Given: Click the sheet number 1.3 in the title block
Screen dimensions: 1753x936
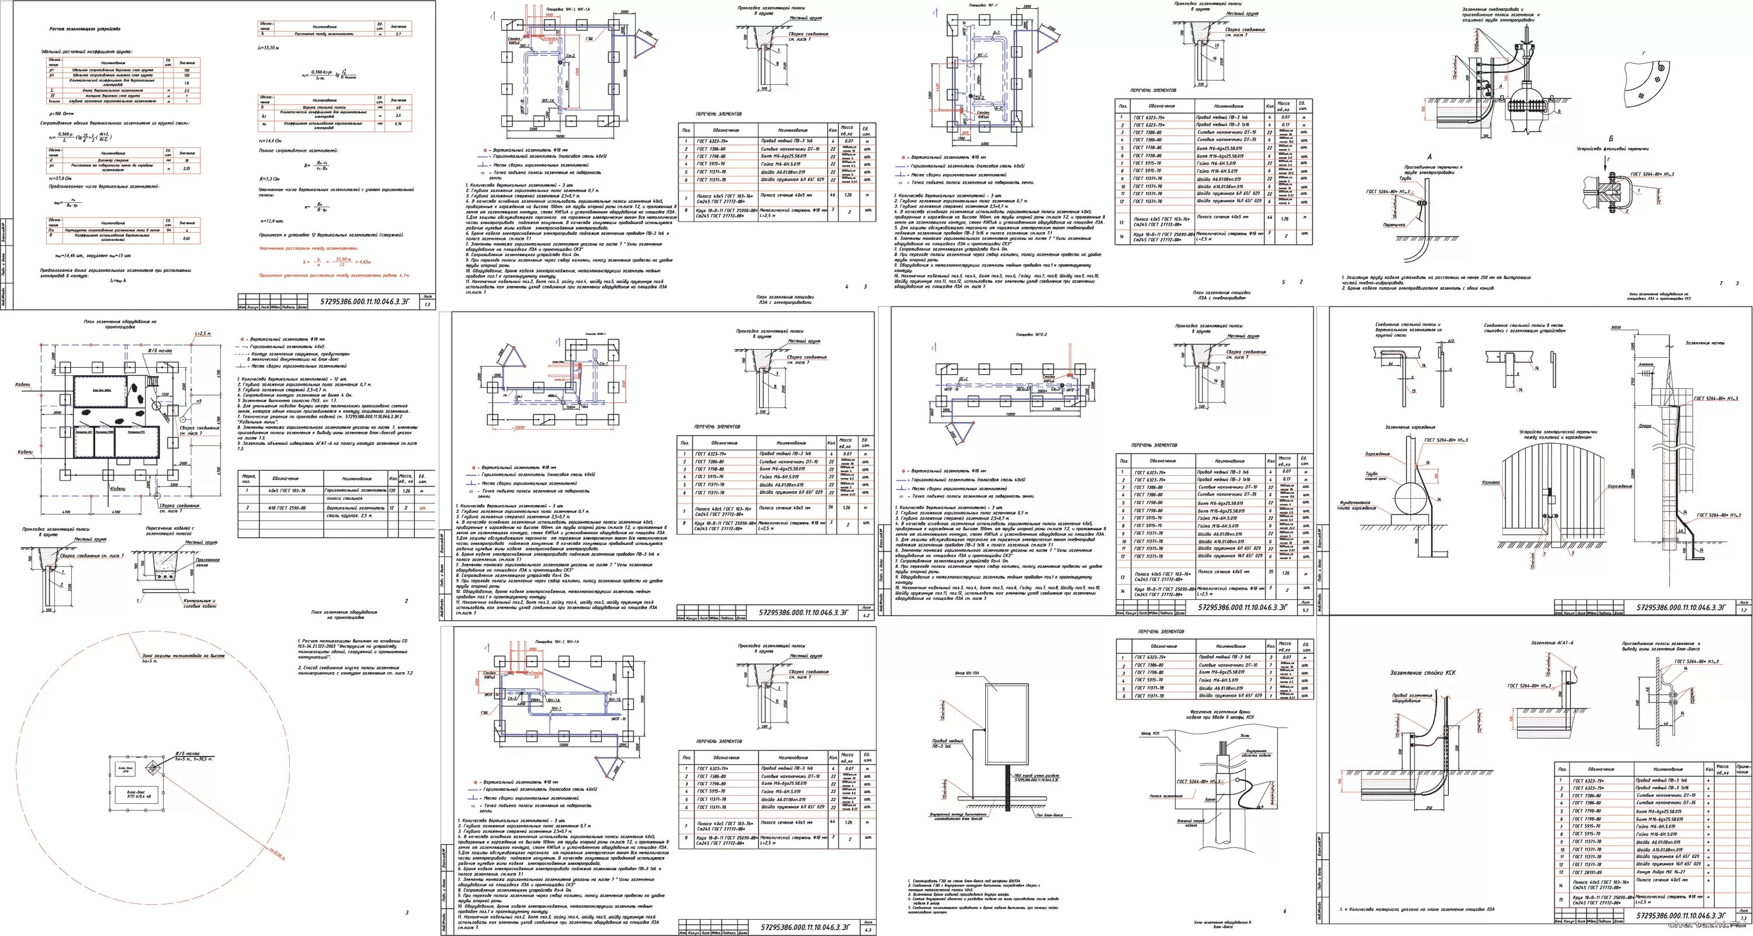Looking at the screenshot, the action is (x=427, y=304).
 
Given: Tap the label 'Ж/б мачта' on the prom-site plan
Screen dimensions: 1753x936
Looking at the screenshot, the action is (x=160, y=351).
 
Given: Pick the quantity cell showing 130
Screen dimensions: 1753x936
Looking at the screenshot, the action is (x=392, y=490).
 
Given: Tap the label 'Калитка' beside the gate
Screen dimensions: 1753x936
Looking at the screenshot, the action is (x=1490, y=482).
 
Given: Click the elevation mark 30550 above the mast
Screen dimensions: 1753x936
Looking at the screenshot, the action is (x=1610, y=327).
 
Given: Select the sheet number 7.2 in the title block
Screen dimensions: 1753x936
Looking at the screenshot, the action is (x=1744, y=610).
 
